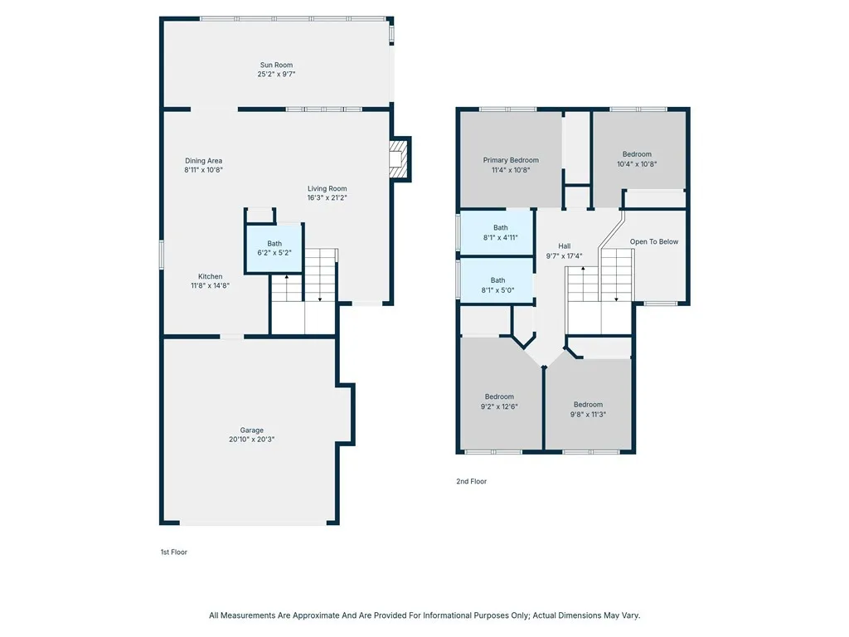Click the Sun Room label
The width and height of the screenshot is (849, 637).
pos(276,65)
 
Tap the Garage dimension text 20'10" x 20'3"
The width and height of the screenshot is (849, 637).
pos(251,440)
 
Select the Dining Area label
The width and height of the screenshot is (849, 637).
pos(203,161)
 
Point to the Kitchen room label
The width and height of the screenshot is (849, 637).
pos(210,276)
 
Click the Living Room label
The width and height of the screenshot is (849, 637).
pos(327,188)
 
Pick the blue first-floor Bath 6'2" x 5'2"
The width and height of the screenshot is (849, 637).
pos(274,248)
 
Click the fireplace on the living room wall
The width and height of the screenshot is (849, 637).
pos(400,158)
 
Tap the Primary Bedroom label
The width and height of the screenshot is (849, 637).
pos(511,160)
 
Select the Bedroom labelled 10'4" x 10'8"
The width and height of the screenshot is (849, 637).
pos(637,154)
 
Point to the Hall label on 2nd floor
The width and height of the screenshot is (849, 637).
pos(564,246)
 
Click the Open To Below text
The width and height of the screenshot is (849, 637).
pos(653,241)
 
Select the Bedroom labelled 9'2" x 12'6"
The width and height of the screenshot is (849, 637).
pos(499,396)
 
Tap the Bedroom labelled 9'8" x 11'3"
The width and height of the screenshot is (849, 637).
pos(588,405)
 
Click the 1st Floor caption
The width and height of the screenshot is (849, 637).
pos(173,552)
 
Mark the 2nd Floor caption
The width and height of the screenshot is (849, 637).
pos(472,481)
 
